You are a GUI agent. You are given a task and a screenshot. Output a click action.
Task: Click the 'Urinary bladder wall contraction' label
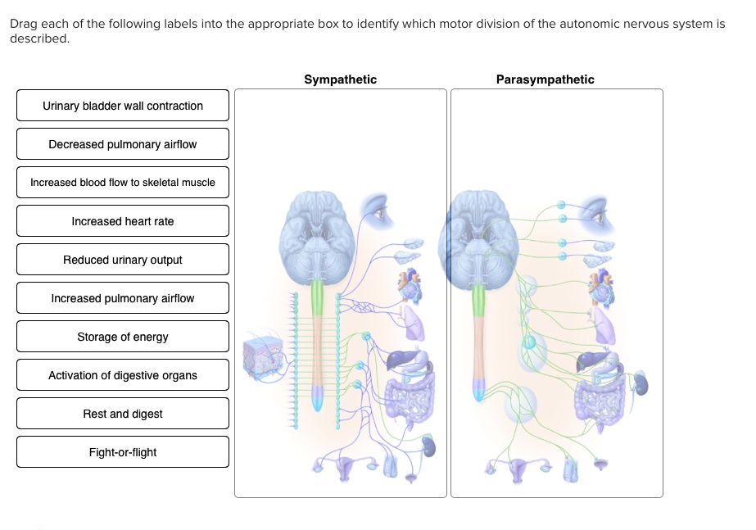123,106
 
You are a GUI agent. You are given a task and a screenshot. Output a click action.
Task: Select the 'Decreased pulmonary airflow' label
123,144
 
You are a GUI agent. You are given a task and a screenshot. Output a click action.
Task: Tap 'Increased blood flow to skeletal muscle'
123,183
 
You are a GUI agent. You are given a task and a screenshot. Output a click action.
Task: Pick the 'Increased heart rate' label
123,221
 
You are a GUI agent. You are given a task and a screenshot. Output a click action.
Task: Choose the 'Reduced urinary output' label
123,260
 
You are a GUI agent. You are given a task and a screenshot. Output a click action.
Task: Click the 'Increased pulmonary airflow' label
123,298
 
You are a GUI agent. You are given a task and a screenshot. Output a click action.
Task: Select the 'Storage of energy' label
123,337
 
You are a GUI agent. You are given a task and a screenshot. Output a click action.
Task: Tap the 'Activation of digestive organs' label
123,375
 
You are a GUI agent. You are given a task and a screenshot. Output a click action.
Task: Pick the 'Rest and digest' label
123,414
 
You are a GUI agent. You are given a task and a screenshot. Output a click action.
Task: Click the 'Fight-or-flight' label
123,452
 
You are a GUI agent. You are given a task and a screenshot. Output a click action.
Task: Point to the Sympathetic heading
341,79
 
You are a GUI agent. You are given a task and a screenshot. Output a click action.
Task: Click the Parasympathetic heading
545,79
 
